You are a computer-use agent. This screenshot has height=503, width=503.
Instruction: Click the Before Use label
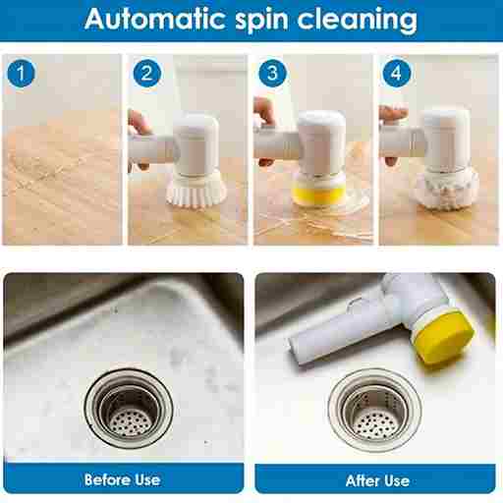coord(123,480)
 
